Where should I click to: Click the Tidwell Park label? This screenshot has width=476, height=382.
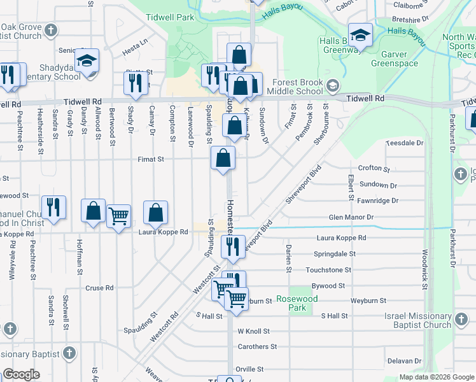[169, 18]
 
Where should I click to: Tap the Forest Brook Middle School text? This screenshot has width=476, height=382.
[298, 87]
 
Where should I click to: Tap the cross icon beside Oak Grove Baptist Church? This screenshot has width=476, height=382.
[52, 30]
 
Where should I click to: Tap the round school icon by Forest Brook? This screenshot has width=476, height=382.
[332, 85]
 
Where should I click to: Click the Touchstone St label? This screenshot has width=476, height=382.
[328, 270]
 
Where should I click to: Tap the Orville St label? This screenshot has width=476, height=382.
[250, 369]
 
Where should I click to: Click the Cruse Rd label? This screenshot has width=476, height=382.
[99, 288]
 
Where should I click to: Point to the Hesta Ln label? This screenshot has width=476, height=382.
[135, 42]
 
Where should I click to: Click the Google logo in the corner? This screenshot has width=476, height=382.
[21, 374]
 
